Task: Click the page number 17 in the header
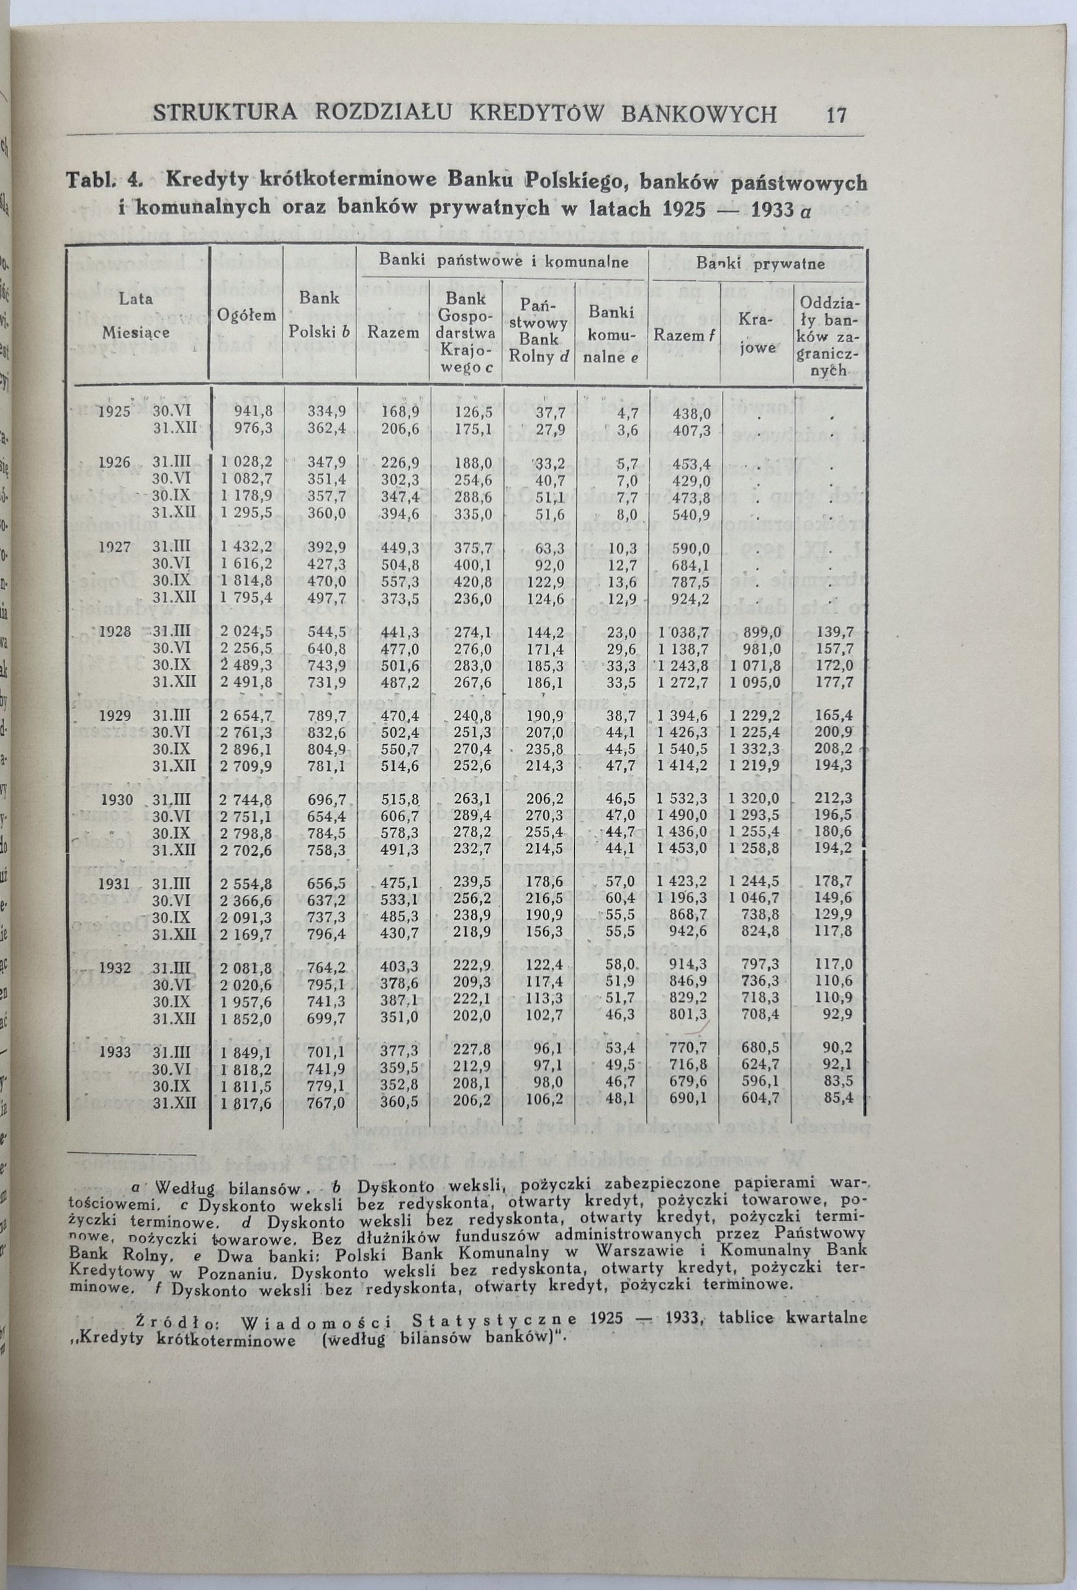click(x=836, y=114)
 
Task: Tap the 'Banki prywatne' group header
click(x=760, y=264)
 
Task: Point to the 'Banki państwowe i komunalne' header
click(x=504, y=261)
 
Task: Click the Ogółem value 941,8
click(x=254, y=412)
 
